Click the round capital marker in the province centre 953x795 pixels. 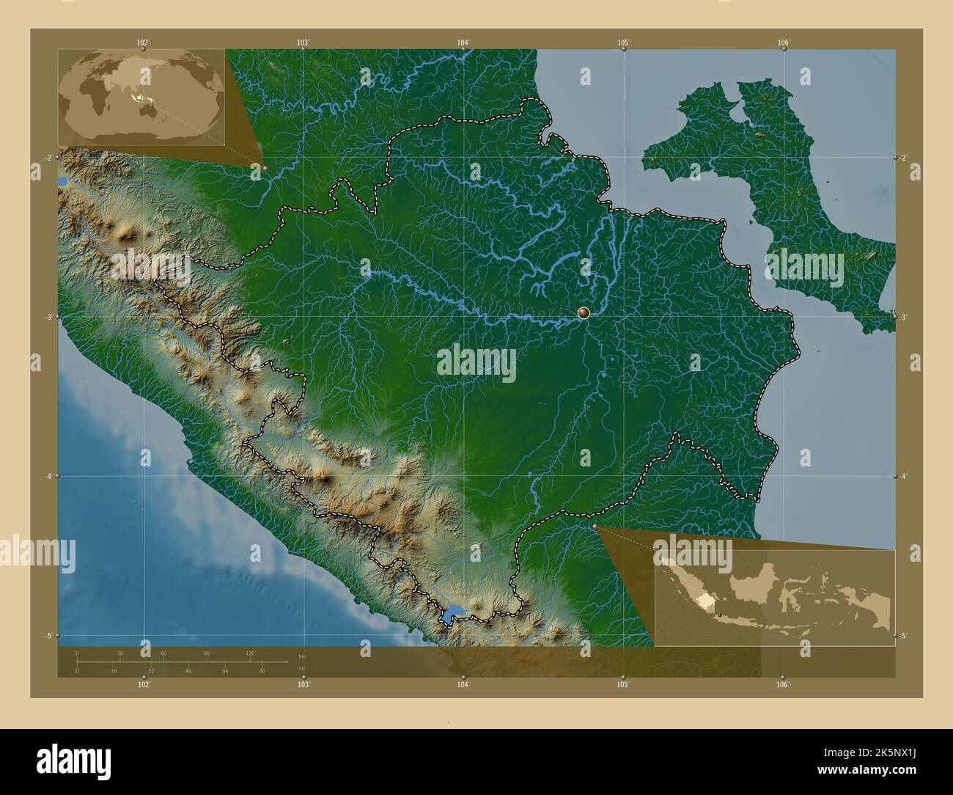pos(584,313)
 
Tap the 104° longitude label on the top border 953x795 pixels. pos(463,43)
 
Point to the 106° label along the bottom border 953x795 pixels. pos(782,684)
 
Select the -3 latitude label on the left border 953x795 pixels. pos(48,317)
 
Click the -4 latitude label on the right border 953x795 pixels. pos(904,476)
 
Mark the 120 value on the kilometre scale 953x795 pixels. pos(249,653)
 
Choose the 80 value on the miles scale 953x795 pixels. pos(262,670)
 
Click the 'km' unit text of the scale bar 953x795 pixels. pos(301,655)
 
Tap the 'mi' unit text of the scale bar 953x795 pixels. pos(301,668)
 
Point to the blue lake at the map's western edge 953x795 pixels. pos(61,180)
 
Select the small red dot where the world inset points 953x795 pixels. pos(265,168)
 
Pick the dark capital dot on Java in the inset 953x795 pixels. pos(721,615)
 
